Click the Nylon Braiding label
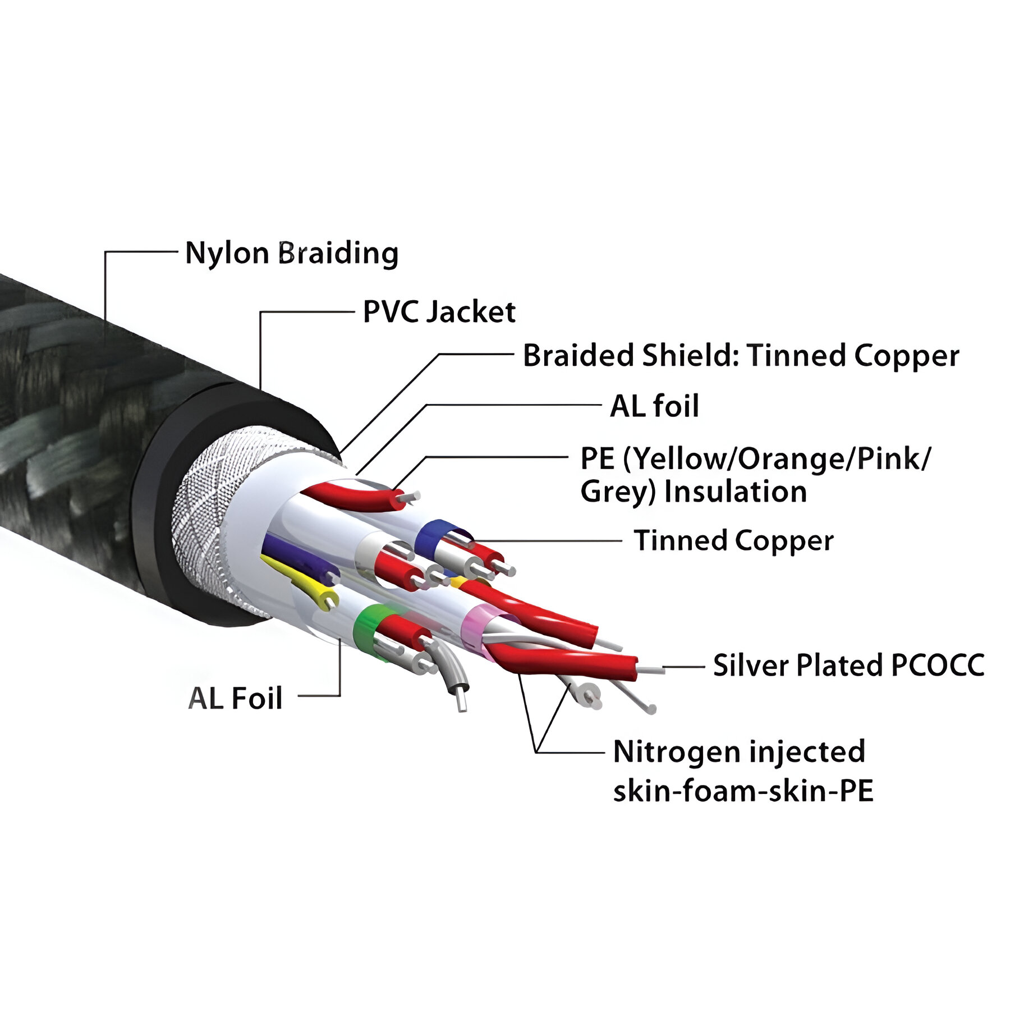(291, 253)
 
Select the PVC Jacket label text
(439, 312)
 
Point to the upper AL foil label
(654, 406)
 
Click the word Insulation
(735, 492)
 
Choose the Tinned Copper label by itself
(733, 541)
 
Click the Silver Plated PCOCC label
(848, 665)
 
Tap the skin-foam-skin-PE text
(743, 791)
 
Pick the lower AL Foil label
(235, 698)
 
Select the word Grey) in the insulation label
(618, 492)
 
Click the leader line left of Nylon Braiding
(140, 252)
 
